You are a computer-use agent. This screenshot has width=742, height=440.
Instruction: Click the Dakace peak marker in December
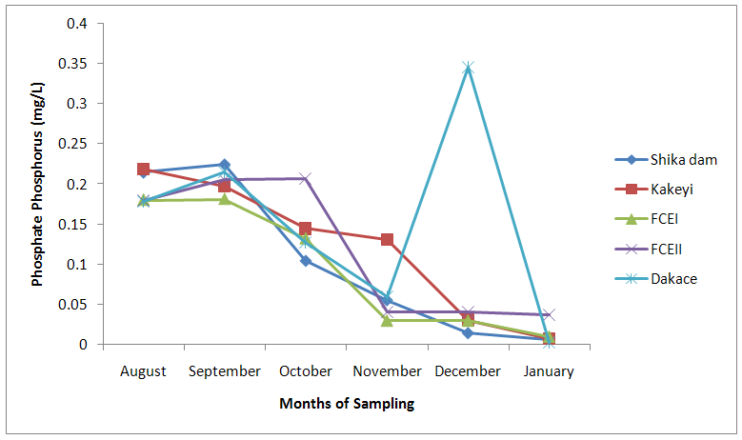(x=468, y=68)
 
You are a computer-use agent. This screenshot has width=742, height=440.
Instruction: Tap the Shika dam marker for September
(x=224, y=165)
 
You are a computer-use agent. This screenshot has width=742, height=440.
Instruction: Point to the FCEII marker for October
(x=305, y=178)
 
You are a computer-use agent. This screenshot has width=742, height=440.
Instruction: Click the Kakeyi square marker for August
(x=143, y=170)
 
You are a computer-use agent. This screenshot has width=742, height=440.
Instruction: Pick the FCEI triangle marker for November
(x=387, y=320)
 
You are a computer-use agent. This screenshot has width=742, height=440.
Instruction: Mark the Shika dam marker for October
(x=305, y=260)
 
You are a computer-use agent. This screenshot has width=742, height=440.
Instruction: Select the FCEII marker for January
(x=549, y=314)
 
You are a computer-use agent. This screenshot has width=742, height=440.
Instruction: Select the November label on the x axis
(x=387, y=371)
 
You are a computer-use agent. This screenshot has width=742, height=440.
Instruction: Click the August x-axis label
(x=143, y=371)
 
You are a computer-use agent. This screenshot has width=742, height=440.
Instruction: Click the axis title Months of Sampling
(x=347, y=404)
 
